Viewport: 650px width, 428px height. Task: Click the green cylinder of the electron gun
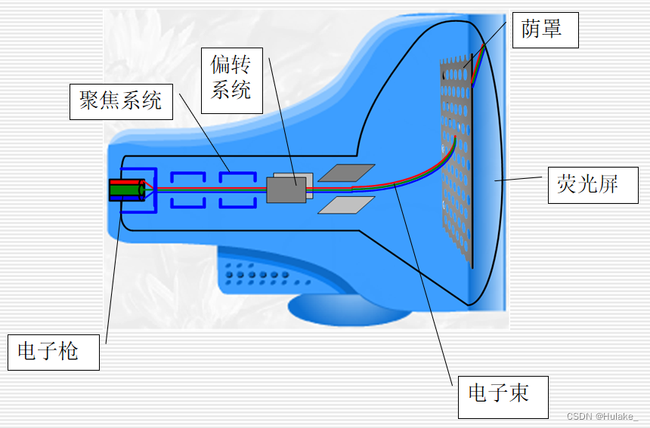pyautogui.click(x=126, y=191)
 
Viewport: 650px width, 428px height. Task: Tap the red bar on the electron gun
pyautogui.click(x=125, y=183)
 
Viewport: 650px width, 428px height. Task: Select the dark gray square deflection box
pyautogui.click(x=286, y=189)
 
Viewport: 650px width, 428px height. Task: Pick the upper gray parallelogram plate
pyautogui.click(x=346, y=173)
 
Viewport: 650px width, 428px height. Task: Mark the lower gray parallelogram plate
pyautogui.click(x=346, y=205)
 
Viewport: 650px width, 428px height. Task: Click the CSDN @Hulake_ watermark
pyautogui.click(x=602, y=417)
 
